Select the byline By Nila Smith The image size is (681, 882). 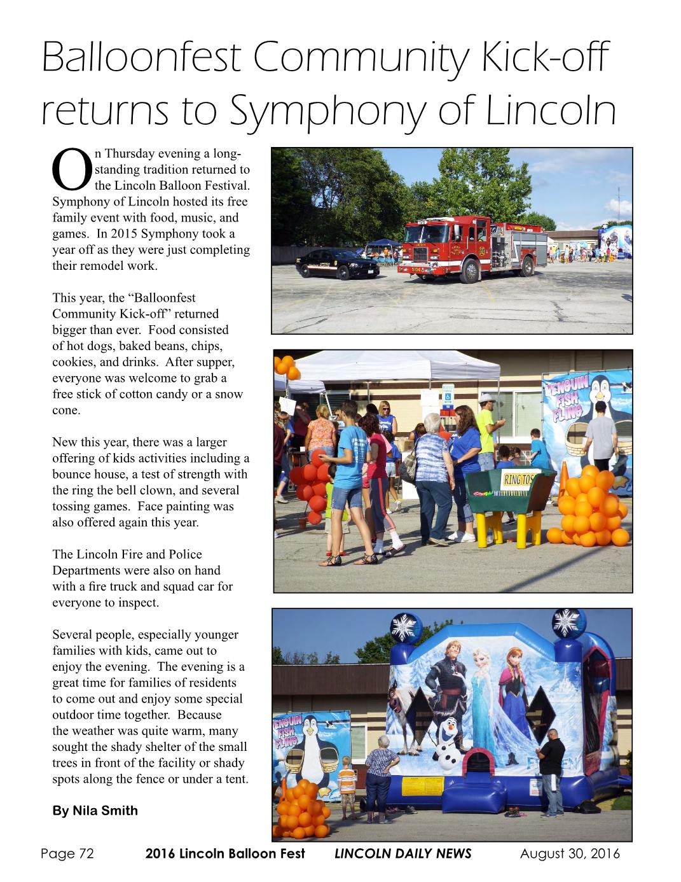pos(95,811)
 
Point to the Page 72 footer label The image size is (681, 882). pos(67,854)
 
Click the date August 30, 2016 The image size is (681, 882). pos(570,854)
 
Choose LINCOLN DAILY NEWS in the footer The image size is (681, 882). pos(403,854)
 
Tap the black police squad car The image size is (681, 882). pos(337,262)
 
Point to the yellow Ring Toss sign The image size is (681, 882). pos(519,479)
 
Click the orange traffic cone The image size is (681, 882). pos(563,479)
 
